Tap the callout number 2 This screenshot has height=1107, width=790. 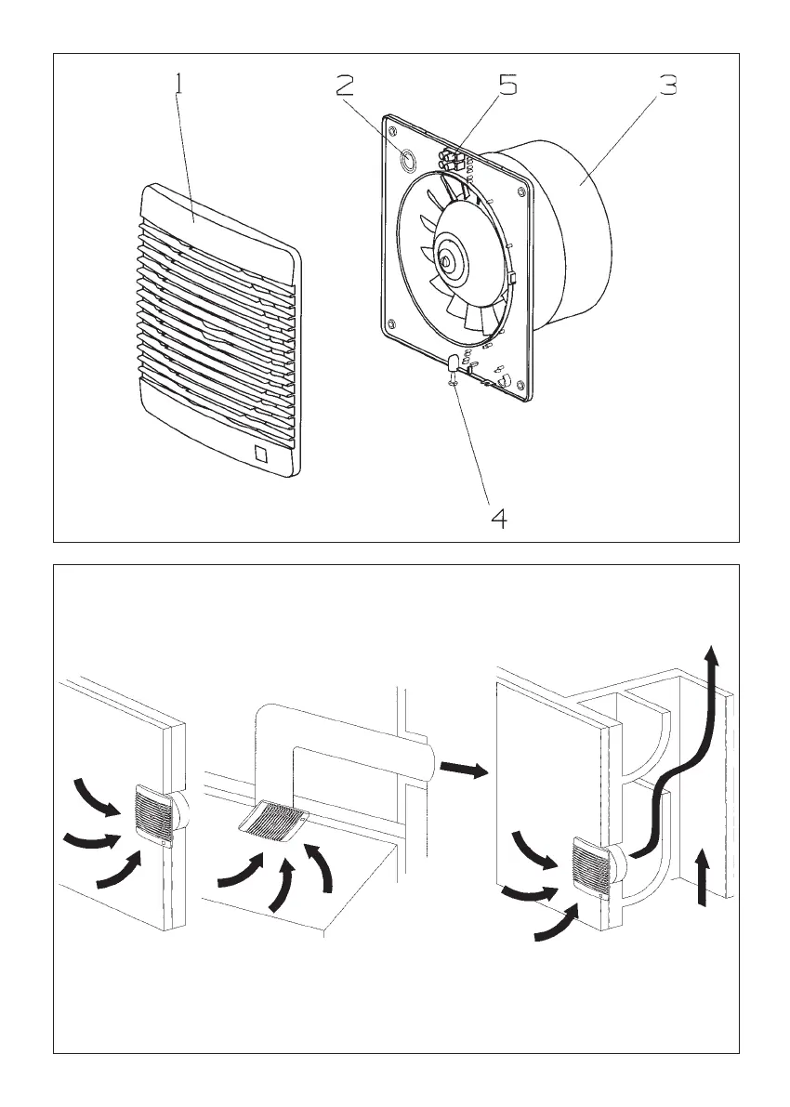click(x=345, y=86)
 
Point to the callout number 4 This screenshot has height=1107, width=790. click(x=499, y=518)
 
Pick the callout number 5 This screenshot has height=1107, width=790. click(x=507, y=86)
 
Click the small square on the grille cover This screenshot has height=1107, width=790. click(x=261, y=455)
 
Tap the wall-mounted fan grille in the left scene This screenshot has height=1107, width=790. click(x=154, y=816)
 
